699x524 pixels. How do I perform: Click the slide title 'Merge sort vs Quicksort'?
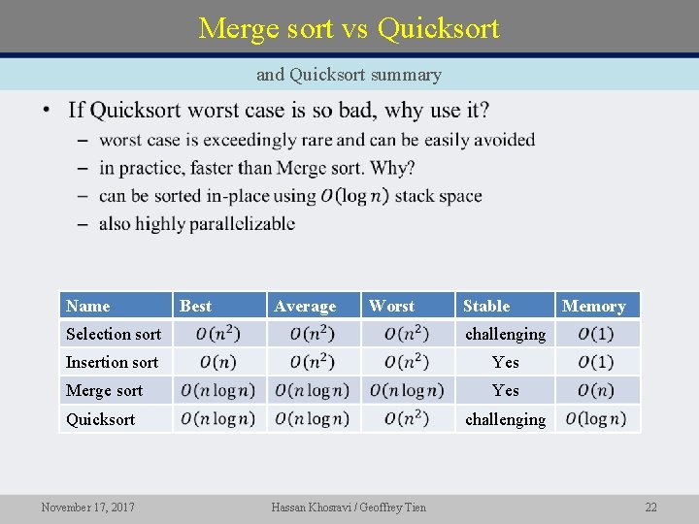click(x=349, y=28)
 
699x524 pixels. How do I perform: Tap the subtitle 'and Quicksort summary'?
click(x=349, y=75)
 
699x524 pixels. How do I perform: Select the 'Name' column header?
click(x=88, y=306)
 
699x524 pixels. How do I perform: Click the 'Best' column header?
click(x=195, y=306)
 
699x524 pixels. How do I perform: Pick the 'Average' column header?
click(x=305, y=306)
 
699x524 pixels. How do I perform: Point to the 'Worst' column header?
click(x=391, y=306)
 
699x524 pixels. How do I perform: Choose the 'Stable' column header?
click(x=486, y=306)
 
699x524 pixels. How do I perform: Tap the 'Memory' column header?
click(x=594, y=306)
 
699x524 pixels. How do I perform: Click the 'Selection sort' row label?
click(x=114, y=334)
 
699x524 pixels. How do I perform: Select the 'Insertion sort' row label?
click(x=112, y=362)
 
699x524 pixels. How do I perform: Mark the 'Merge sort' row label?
click(x=104, y=390)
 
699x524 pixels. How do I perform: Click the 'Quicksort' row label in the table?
click(x=101, y=419)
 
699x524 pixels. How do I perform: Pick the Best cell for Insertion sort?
click(x=218, y=362)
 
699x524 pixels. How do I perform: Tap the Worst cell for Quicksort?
click(x=407, y=419)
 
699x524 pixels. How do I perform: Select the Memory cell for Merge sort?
click(x=596, y=390)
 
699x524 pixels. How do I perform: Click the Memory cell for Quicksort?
click(x=596, y=419)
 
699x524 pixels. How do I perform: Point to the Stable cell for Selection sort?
click(x=505, y=334)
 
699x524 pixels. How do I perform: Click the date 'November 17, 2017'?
click(x=88, y=507)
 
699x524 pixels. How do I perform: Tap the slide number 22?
click(x=650, y=507)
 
